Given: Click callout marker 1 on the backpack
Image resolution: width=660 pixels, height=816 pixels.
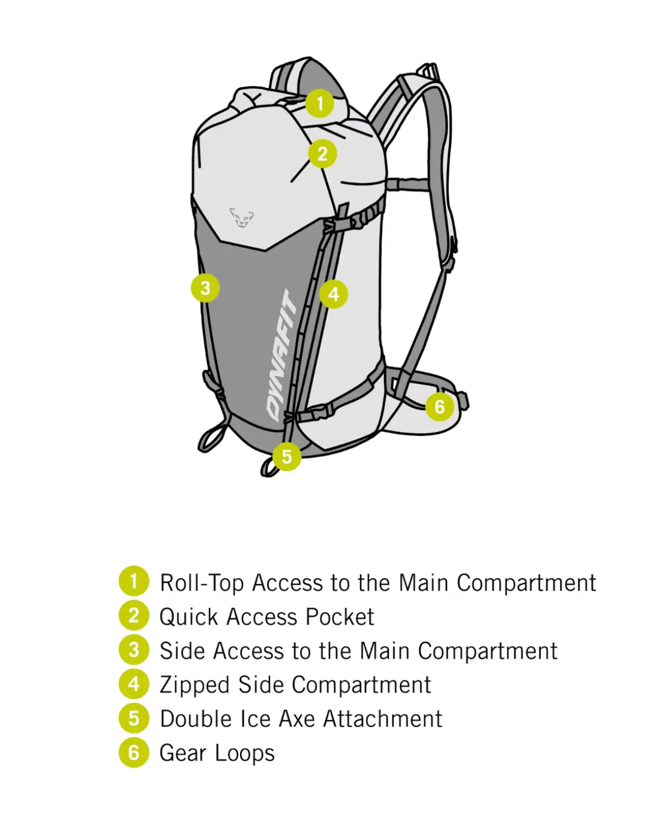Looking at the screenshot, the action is pos(320,103).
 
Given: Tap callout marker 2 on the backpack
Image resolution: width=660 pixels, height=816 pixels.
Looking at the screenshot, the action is pos(322,154).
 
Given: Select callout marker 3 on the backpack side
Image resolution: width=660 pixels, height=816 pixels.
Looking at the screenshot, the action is pos(205,288).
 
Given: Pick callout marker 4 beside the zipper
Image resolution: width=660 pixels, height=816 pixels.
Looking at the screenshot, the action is pos(333,294).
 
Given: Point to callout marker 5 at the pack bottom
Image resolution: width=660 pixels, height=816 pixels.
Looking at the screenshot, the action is pos(286,456).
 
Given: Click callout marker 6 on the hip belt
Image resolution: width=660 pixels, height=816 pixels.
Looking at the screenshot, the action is pos(439,407).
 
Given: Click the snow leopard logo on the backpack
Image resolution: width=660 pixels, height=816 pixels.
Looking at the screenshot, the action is pos(241,218).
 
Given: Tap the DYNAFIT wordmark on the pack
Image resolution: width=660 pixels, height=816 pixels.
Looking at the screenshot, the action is pos(282,355).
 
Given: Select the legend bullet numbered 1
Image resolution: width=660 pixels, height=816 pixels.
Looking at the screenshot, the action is pos(134,580).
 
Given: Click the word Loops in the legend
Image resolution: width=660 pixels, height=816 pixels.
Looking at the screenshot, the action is pos(245,753).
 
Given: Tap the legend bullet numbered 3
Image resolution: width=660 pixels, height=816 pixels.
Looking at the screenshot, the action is pos(134,650).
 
